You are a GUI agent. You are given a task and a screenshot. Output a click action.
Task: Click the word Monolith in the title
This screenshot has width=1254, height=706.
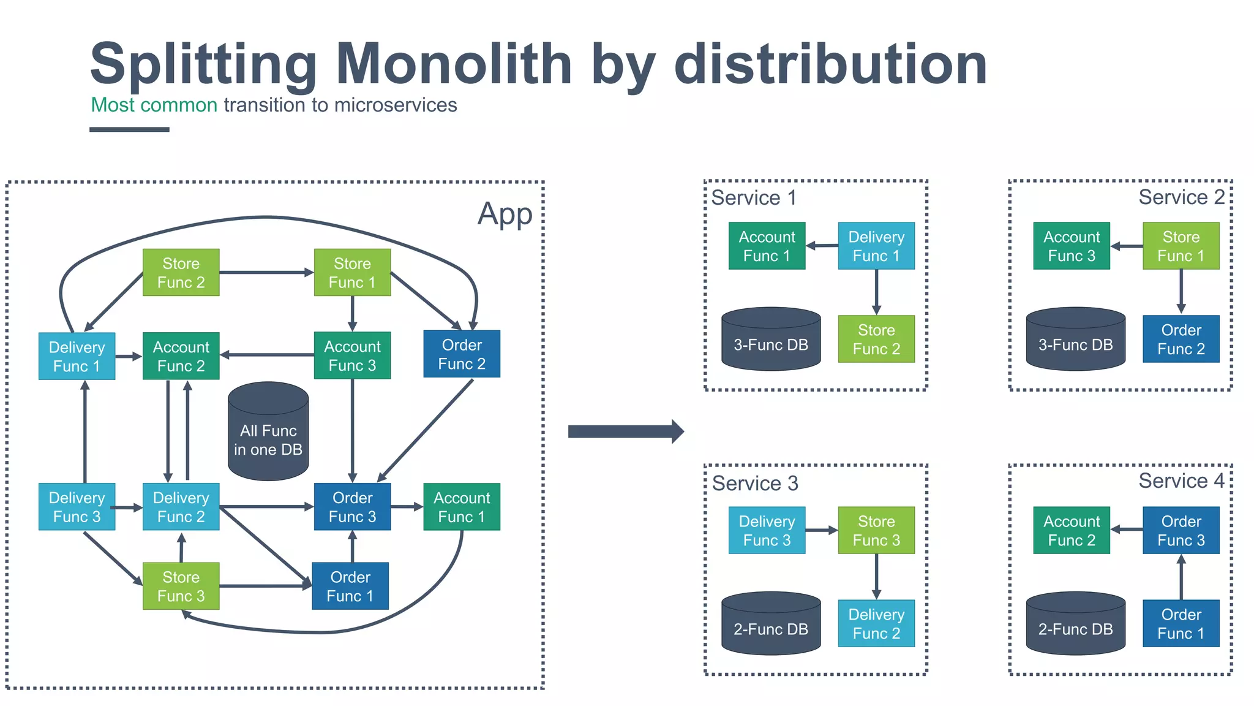tap(453, 64)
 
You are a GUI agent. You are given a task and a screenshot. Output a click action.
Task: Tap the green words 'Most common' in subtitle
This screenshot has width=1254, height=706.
tap(154, 105)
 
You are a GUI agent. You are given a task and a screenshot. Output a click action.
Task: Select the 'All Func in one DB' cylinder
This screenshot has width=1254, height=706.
tap(268, 432)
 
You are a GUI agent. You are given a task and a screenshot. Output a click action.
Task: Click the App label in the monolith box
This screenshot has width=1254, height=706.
tap(505, 214)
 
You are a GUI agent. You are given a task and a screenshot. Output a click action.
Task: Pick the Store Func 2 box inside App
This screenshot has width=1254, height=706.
tap(181, 273)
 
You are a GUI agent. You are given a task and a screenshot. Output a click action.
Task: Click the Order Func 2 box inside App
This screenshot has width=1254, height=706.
tap(462, 354)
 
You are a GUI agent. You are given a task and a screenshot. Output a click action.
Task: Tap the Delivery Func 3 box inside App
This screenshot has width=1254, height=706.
tap(77, 507)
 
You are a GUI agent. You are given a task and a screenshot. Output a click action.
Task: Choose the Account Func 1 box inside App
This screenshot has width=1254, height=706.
tap(462, 507)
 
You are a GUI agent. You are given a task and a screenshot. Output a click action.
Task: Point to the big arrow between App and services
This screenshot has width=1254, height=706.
tap(625, 431)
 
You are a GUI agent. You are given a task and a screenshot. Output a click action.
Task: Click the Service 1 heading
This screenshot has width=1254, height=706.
tap(754, 198)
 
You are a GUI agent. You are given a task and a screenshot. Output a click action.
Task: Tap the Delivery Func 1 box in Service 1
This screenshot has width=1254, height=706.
tap(876, 246)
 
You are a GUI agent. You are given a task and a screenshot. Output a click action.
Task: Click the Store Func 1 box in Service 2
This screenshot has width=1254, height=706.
tap(1181, 246)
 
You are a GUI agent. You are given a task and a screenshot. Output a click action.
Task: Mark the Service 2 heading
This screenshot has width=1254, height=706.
tap(1181, 197)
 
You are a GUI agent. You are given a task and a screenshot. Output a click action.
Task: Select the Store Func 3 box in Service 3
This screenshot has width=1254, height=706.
tap(876, 530)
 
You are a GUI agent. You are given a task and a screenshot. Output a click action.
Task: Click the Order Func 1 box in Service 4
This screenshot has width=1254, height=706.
tap(1181, 623)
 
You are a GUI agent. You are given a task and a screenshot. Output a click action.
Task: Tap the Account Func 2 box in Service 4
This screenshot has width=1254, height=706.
tap(1072, 530)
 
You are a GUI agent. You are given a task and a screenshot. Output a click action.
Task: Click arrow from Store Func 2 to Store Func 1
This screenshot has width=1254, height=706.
tap(266, 272)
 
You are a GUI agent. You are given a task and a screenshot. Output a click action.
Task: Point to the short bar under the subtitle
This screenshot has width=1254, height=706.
tap(129, 129)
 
